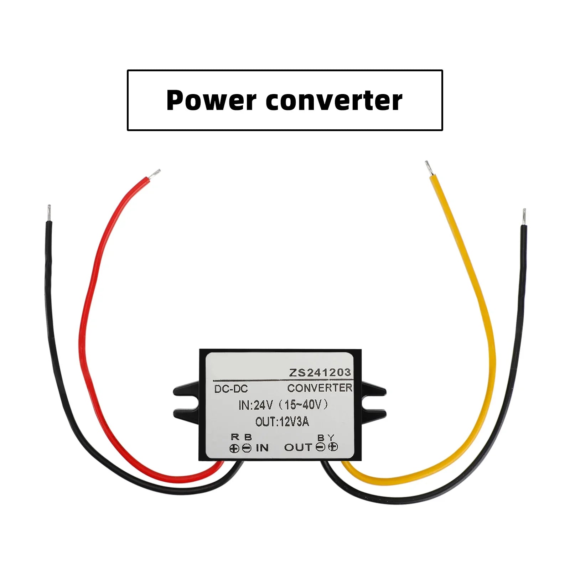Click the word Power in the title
(211, 100)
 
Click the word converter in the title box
(334, 100)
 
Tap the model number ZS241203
(320, 373)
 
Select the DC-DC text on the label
(231, 389)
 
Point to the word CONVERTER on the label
(320, 388)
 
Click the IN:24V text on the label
(255, 405)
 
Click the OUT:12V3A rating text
(282, 422)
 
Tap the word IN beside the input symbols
(262, 448)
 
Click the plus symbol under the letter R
(234, 449)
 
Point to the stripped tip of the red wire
(155, 173)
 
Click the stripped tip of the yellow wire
(428, 167)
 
